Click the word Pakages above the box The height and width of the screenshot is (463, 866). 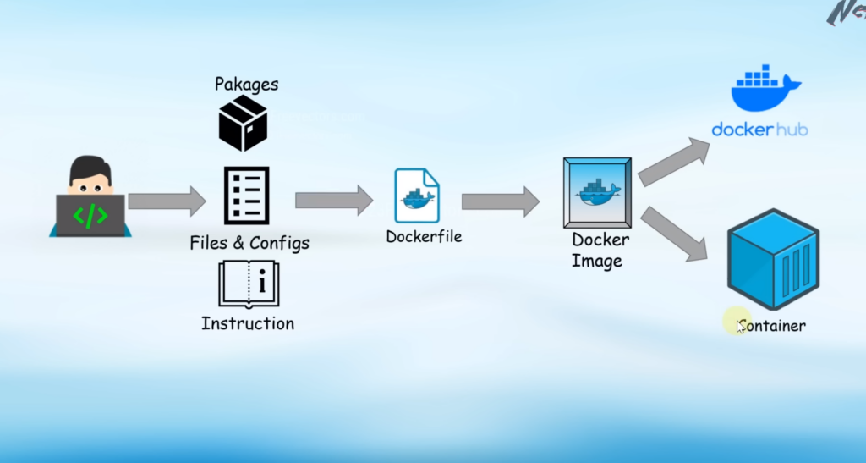click(246, 84)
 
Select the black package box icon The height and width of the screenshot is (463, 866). click(243, 124)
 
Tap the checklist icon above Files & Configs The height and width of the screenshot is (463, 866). click(246, 196)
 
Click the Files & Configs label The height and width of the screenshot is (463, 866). click(249, 244)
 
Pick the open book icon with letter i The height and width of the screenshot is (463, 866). click(248, 283)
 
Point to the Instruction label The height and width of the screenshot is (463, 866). click(248, 323)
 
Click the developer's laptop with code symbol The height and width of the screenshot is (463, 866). click(90, 215)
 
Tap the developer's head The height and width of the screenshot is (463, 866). click(90, 174)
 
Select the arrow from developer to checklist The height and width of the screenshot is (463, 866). click(167, 201)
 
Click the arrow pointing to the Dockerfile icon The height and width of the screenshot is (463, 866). click(333, 201)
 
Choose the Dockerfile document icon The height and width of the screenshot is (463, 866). click(417, 196)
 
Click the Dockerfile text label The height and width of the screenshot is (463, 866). click(424, 237)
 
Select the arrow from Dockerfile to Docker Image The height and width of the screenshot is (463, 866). click(500, 201)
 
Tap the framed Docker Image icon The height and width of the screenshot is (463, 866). click(597, 192)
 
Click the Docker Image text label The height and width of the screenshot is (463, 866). click(599, 251)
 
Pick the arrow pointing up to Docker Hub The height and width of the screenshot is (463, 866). click(674, 162)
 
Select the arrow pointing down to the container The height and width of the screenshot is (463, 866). click(674, 234)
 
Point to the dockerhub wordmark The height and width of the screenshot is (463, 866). click(759, 130)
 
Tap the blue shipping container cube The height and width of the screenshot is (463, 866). click(773, 260)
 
